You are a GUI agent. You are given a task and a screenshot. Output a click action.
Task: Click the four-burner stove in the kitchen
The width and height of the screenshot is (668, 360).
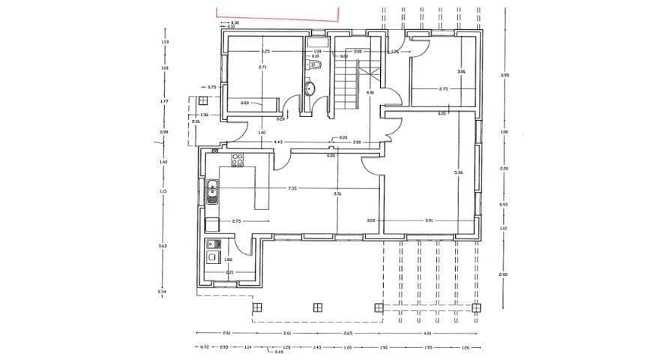tap(238, 159)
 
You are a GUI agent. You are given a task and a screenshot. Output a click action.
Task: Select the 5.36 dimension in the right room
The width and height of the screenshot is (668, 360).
tap(458, 172)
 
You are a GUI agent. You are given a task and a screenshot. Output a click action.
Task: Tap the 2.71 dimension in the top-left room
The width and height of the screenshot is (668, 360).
tap(262, 67)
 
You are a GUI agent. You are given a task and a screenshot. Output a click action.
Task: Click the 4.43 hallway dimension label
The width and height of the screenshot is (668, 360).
tap(277, 141)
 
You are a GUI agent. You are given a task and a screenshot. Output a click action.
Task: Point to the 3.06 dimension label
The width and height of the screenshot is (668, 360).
tap(461, 72)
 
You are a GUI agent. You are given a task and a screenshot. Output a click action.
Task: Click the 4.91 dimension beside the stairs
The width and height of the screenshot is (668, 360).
tap(370, 93)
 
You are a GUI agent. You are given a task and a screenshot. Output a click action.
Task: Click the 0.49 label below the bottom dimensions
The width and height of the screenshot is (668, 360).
tap(279, 352)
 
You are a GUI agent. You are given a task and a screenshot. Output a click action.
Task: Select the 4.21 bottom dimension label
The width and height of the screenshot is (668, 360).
tap(428, 332)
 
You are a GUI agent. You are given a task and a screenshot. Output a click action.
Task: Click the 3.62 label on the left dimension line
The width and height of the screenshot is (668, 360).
tap(163, 245)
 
